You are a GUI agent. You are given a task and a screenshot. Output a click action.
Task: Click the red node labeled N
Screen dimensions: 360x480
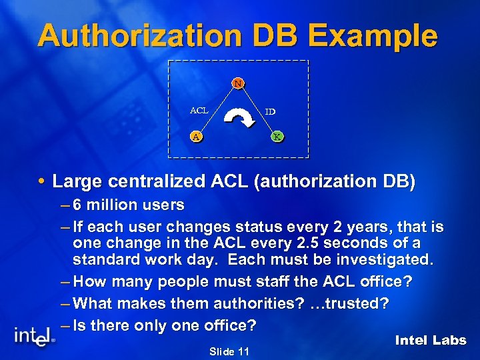238,83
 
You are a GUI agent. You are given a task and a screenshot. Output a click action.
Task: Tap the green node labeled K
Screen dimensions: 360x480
277,137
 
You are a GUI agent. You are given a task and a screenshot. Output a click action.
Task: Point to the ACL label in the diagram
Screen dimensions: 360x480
199,110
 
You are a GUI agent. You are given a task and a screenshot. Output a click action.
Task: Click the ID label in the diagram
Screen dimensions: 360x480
270,112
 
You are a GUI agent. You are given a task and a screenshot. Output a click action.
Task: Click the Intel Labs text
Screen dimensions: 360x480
430,340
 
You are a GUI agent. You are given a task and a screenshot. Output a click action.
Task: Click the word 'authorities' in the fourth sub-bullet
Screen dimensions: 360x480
244,303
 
